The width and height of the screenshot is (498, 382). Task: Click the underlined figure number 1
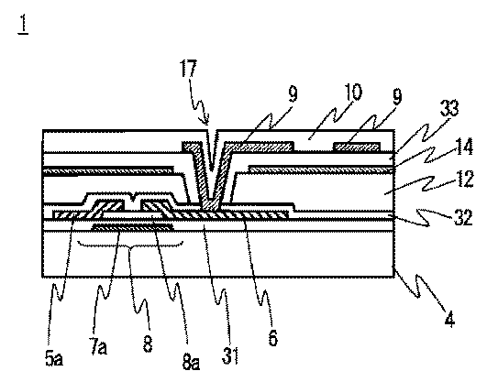[x=23, y=24]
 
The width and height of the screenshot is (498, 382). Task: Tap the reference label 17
[x=188, y=68]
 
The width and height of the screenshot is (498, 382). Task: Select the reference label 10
[x=352, y=93]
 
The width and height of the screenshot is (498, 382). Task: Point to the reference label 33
[x=449, y=108]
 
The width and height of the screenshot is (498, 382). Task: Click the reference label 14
[x=464, y=146]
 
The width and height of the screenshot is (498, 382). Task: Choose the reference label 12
[x=464, y=180]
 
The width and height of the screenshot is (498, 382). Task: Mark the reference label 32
[x=463, y=217]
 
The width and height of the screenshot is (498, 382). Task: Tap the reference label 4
[x=449, y=318]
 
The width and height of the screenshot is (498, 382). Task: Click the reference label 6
[x=272, y=337]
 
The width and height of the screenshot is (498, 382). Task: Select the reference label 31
[x=230, y=355]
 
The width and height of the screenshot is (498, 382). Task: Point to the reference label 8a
[x=191, y=361]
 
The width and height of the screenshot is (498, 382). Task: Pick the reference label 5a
[x=54, y=358]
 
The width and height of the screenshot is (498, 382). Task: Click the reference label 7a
[x=98, y=347]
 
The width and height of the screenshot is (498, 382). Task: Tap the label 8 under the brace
[x=148, y=344]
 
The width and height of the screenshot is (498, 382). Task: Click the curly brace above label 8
[x=130, y=246]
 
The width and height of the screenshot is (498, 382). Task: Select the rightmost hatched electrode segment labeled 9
[x=358, y=147]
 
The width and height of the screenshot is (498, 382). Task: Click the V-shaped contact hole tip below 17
[x=212, y=170]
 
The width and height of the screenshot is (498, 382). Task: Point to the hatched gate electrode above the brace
[x=133, y=227]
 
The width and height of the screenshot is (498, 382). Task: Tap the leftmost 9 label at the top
[x=293, y=94]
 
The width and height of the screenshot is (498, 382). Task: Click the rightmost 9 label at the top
[x=397, y=96]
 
